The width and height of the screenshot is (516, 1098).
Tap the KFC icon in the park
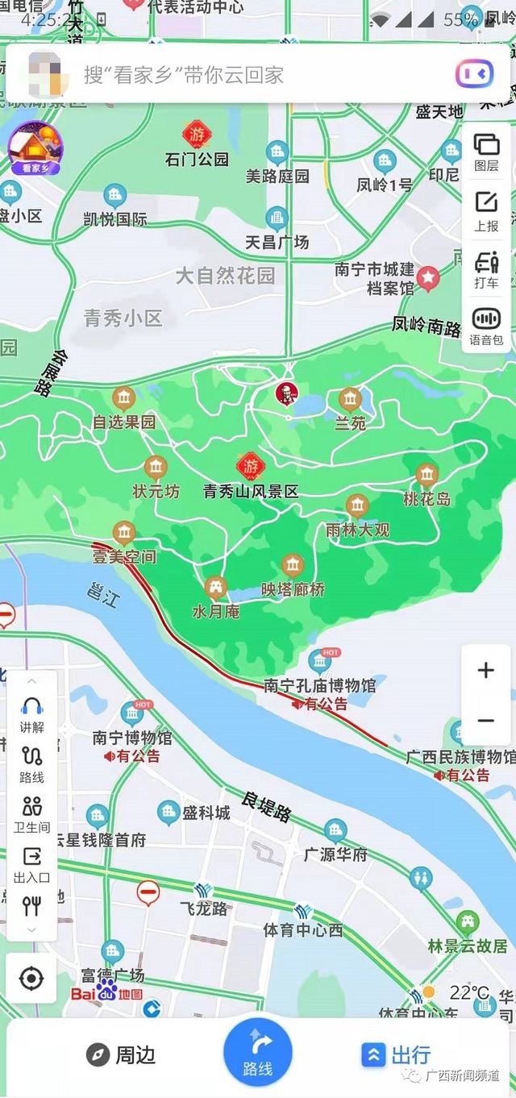[286, 394]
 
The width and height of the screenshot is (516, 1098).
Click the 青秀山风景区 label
[251, 491]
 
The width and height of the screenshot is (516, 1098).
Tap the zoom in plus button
[485, 671]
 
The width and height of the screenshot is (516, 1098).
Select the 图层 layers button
[486, 152]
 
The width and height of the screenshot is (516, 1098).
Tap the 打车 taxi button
[486, 269]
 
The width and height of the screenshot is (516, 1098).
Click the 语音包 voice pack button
[486, 326]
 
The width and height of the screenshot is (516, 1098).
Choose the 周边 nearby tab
[122, 1054]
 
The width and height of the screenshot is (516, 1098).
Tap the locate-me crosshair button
[31, 979]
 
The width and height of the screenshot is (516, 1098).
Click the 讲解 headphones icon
[32, 714]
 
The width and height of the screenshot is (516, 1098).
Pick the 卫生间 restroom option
[32, 813]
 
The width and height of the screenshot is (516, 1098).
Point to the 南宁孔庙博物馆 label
[319, 686]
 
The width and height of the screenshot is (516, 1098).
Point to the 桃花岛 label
[427, 499]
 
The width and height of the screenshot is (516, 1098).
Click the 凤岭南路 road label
[427, 326]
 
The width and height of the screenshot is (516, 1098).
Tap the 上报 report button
[486, 211]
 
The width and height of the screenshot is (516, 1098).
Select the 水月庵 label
[215, 611]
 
